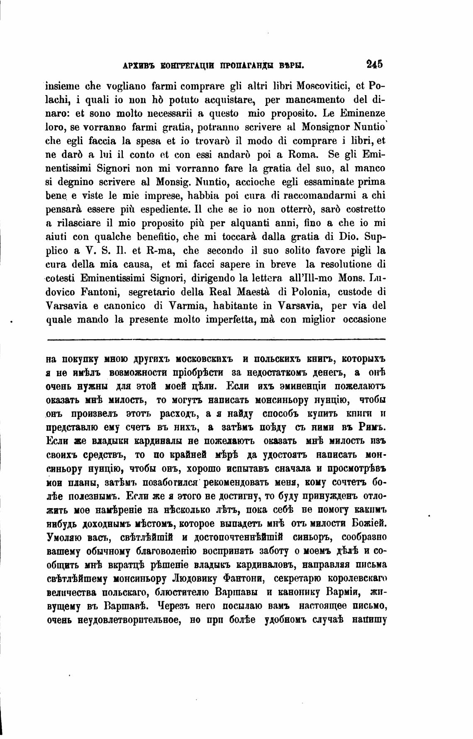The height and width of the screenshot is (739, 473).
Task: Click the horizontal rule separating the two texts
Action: (x=216, y=340)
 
